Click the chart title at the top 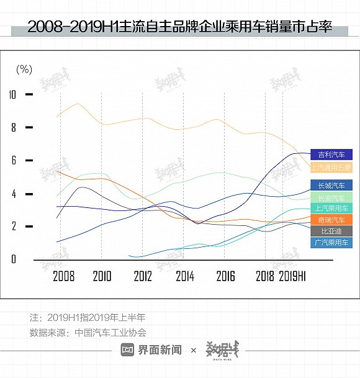pyautogui.click(x=180, y=27)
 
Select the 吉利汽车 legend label pyautogui.click(x=331, y=155)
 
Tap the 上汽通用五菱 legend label pyautogui.click(x=331, y=168)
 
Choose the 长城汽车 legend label pyautogui.click(x=331, y=185)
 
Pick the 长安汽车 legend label pyautogui.click(x=331, y=197)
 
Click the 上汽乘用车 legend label pyautogui.click(x=331, y=209)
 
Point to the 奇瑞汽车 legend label pyautogui.click(x=331, y=220)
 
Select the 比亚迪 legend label pyautogui.click(x=331, y=231)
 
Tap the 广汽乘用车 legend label pyautogui.click(x=331, y=242)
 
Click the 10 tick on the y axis pyautogui.click(x=12, y=94)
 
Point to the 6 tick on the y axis pyautogui.click(x=13, y=161)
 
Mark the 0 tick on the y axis pyautogui.click(x=13, y=259)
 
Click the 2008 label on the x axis pyautogui.click(x=64, y=276)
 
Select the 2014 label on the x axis pyautogui.click(x=185, y=276)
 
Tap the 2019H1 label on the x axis pyautogui.click(x=293, y=276)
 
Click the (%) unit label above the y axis pyautogui.click(x=24, y=69)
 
